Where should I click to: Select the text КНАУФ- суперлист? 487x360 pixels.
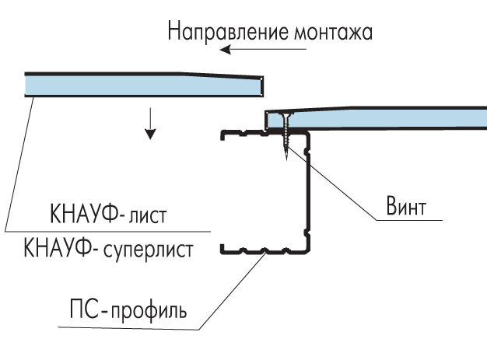tap(109, 251)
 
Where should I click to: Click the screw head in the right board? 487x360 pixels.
tap(284, 115)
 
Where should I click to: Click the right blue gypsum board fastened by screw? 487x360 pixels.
tap(389, 119)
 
